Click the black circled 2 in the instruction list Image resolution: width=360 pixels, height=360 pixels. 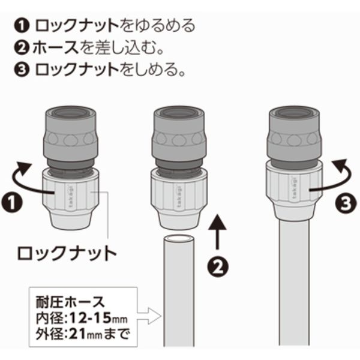coord(22,48)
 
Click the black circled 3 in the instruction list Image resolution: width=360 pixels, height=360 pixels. coord(22,70)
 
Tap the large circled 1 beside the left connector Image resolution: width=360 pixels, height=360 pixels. coord(12,202)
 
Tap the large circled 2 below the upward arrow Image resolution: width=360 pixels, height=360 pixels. coord(218,267)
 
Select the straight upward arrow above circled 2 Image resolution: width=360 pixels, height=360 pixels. coord(217,232)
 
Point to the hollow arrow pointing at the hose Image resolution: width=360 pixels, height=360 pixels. coord(149,316)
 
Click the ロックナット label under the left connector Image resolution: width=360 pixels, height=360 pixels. coord(67,253)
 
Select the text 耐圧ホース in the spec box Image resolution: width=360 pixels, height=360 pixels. coord(70,302)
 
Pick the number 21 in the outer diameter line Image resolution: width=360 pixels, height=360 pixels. coord(77,334)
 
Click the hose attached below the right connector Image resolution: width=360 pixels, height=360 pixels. coord(294,283)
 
